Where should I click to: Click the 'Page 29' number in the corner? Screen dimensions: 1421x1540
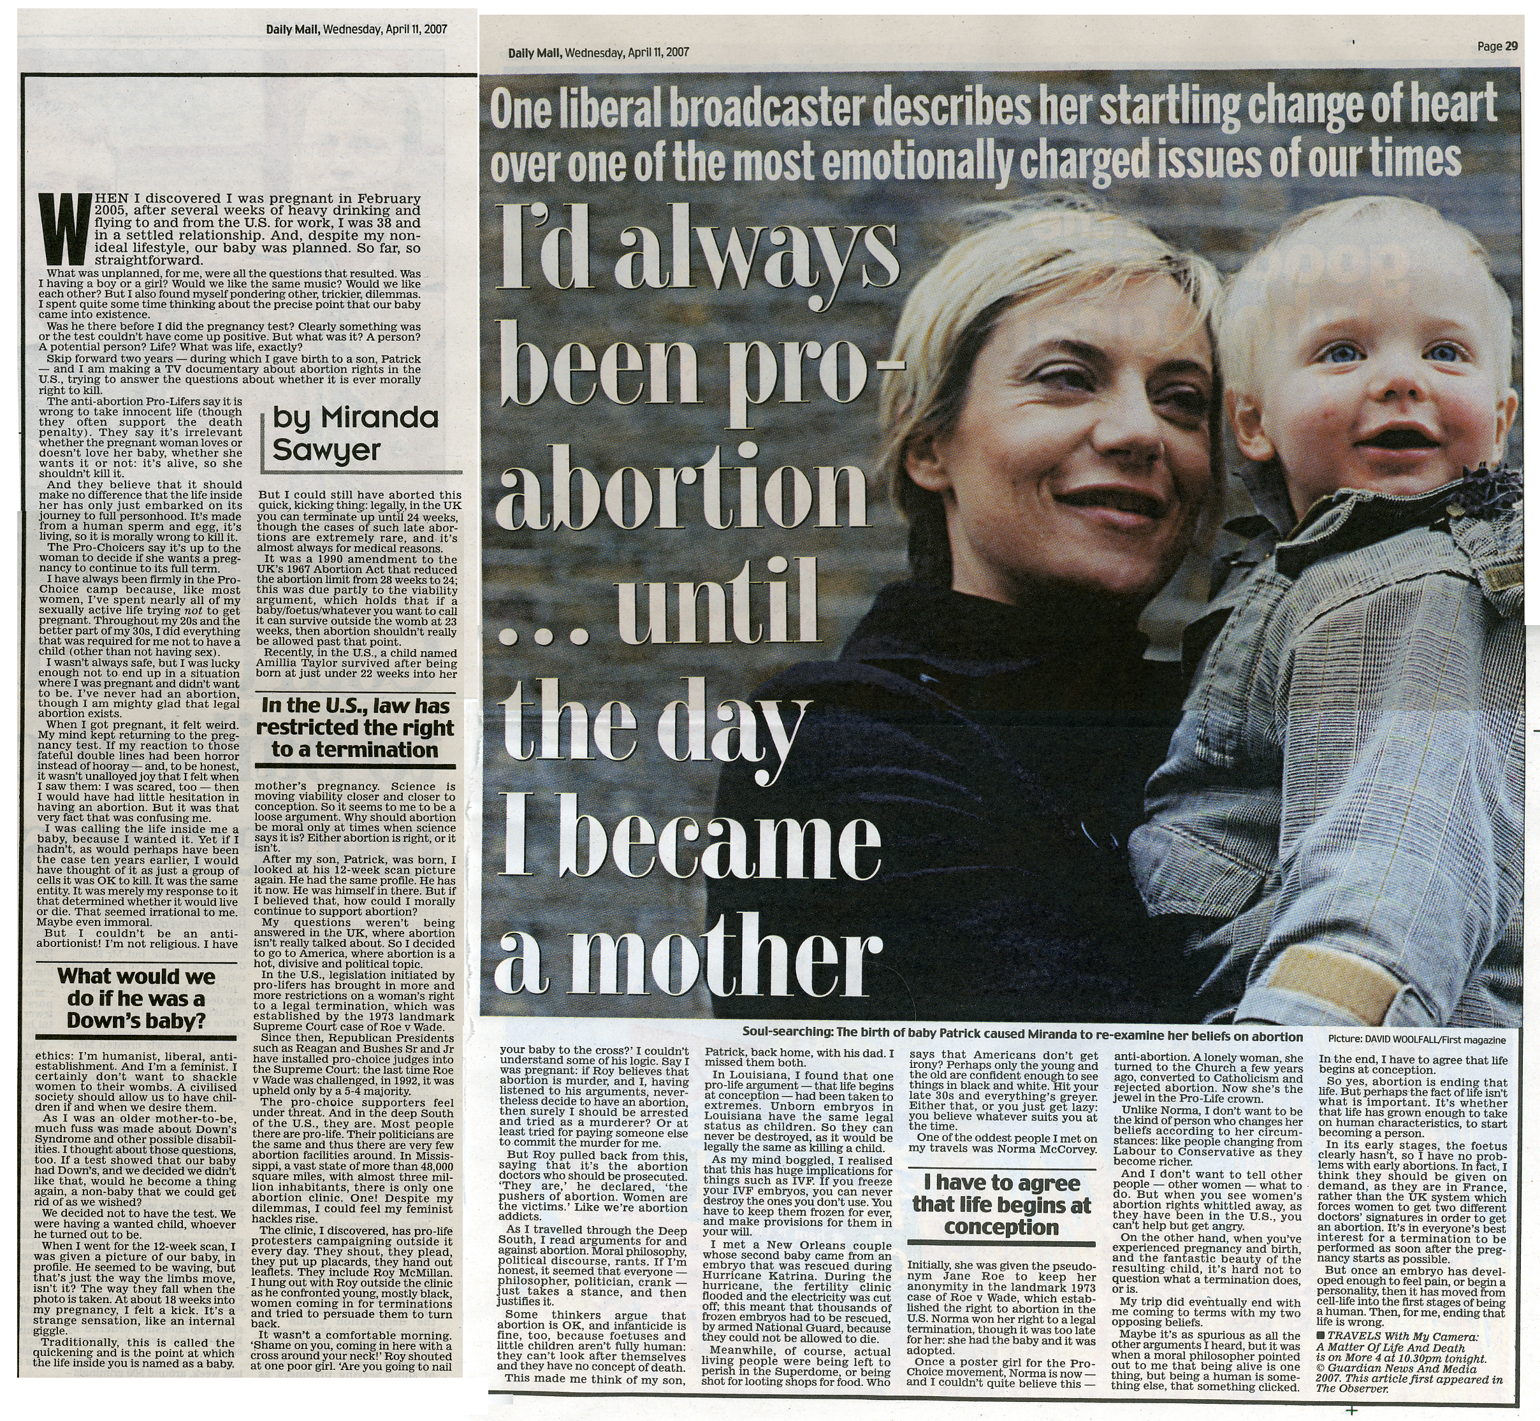click(x=1497, y=46)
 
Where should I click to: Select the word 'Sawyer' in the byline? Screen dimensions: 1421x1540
click(x=326, y=451)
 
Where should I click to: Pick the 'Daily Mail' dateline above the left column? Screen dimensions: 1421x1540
click(x=357, y=30)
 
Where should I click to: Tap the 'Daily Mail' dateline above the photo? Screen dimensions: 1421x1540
click(x=598, y=52)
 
